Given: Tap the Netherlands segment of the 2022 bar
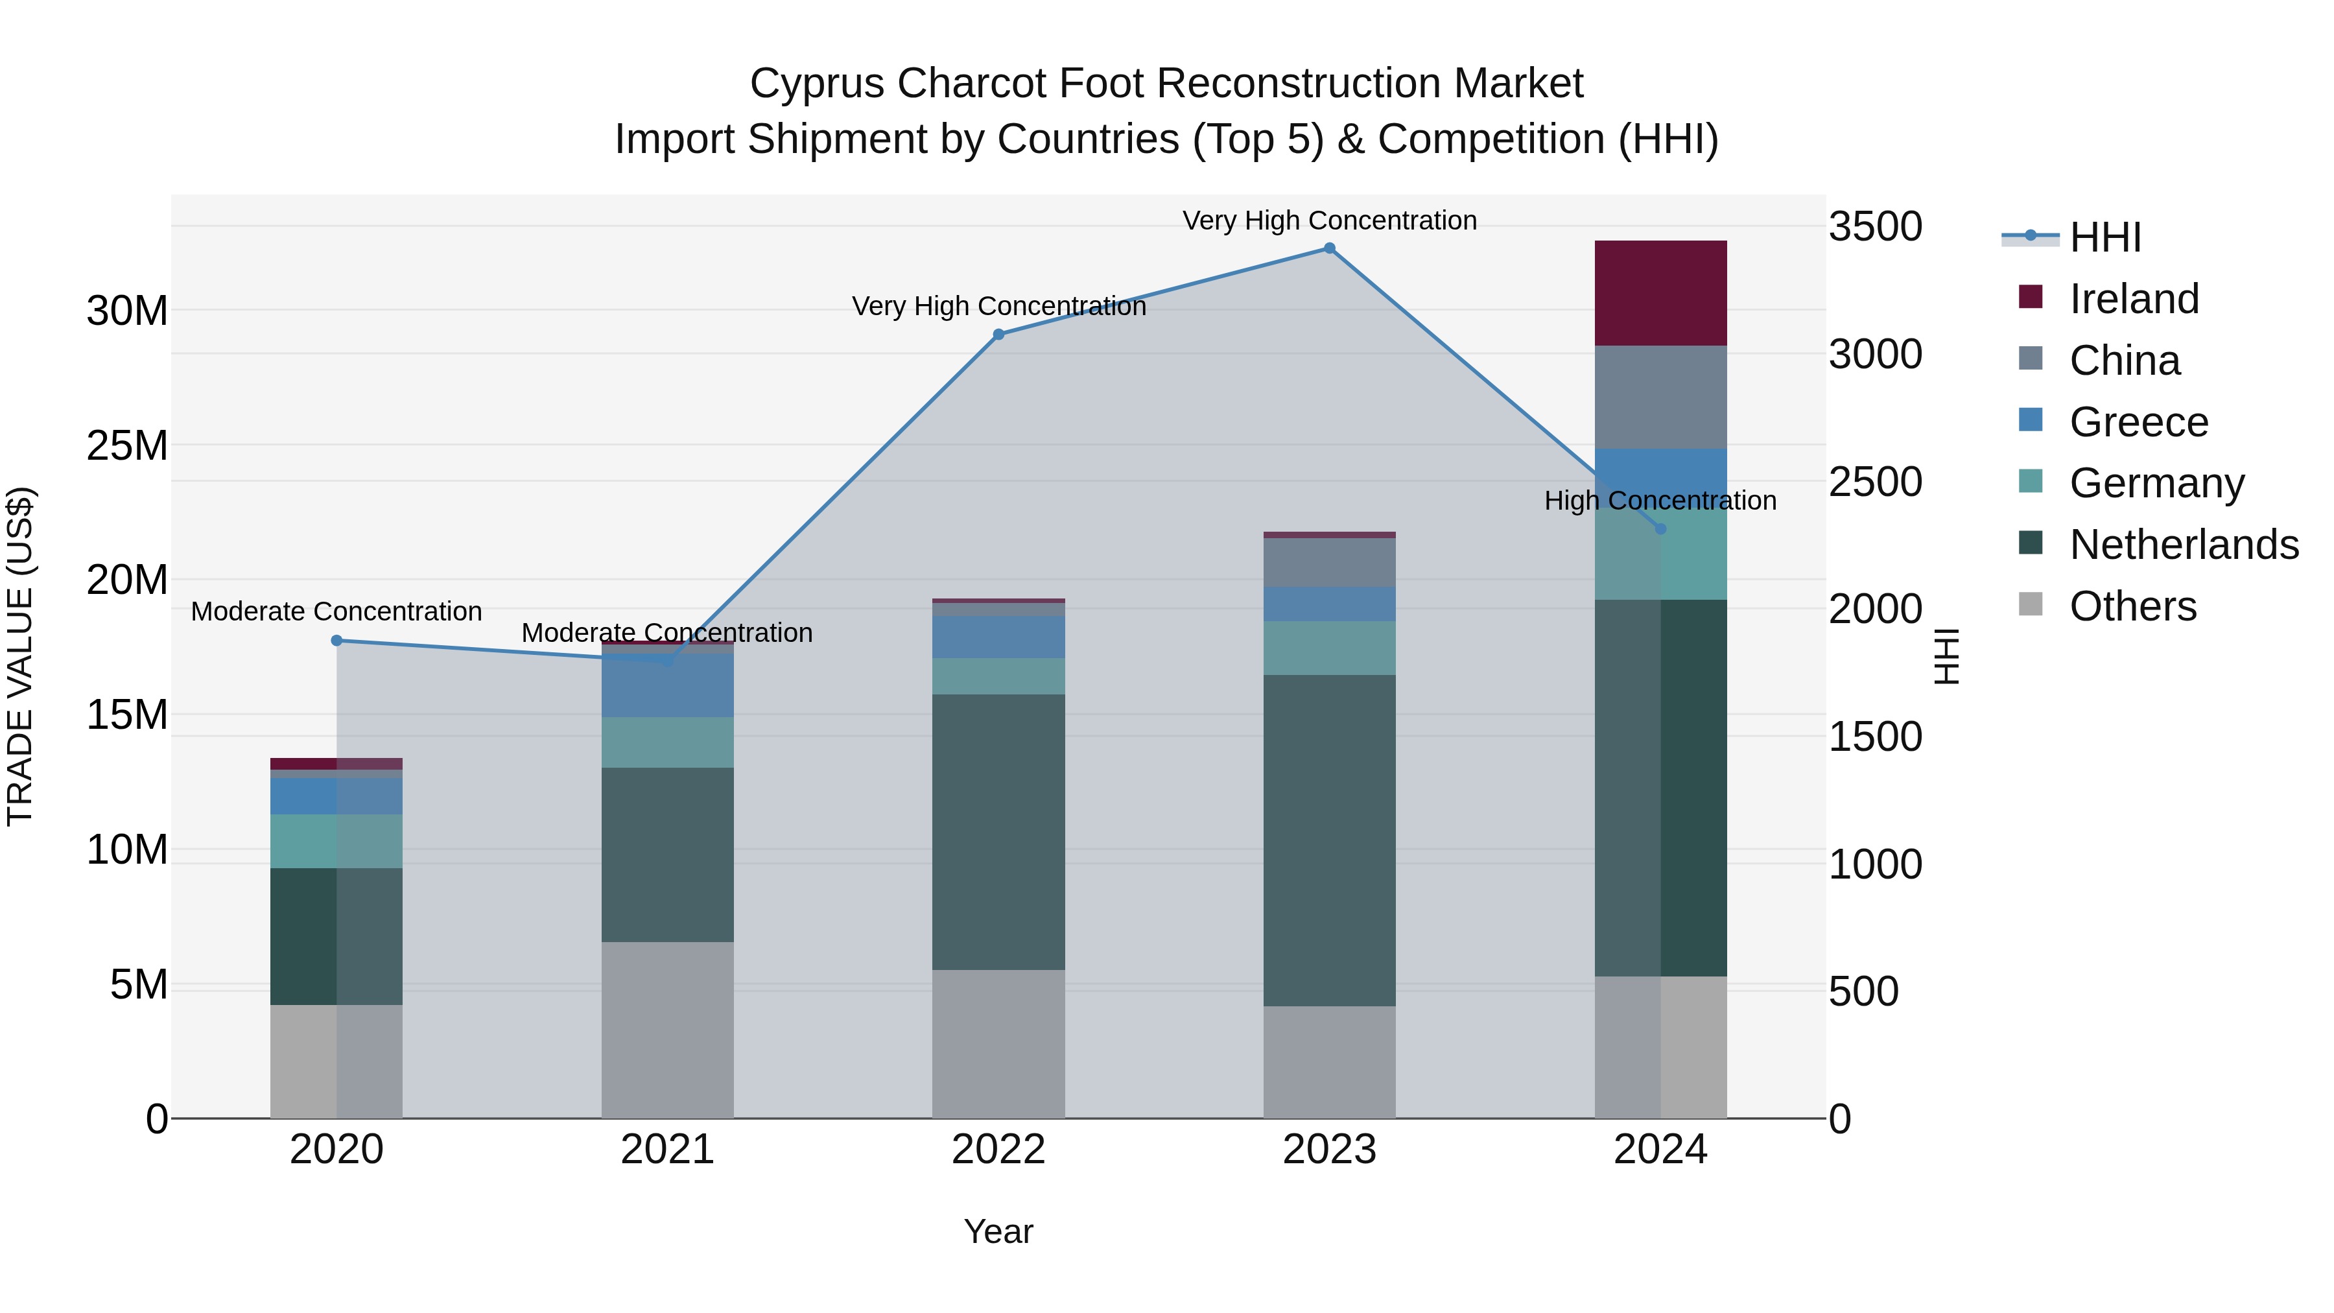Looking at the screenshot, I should click(998, 832).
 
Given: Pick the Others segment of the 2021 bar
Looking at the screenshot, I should click(667, 1030).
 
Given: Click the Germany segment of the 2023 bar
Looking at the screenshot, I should click(1328, 648).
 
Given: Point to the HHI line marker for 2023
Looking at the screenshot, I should click(1328, 248).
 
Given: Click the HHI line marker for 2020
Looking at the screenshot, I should click(336, 641).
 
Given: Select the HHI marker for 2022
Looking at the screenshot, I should click(998, 335).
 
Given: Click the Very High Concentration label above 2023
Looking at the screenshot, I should click(1328, 221).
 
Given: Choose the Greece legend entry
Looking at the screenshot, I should click(2138, 422).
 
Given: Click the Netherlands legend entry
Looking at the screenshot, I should click(2183, 545).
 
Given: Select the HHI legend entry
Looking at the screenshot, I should click(2104, 237).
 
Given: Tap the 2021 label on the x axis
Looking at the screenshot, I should click(667, 1150).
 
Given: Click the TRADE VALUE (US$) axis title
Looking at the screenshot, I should click(20, 656).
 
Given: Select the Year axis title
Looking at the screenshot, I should click(998, 1231).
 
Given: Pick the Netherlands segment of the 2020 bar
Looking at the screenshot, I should click(336, 936).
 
